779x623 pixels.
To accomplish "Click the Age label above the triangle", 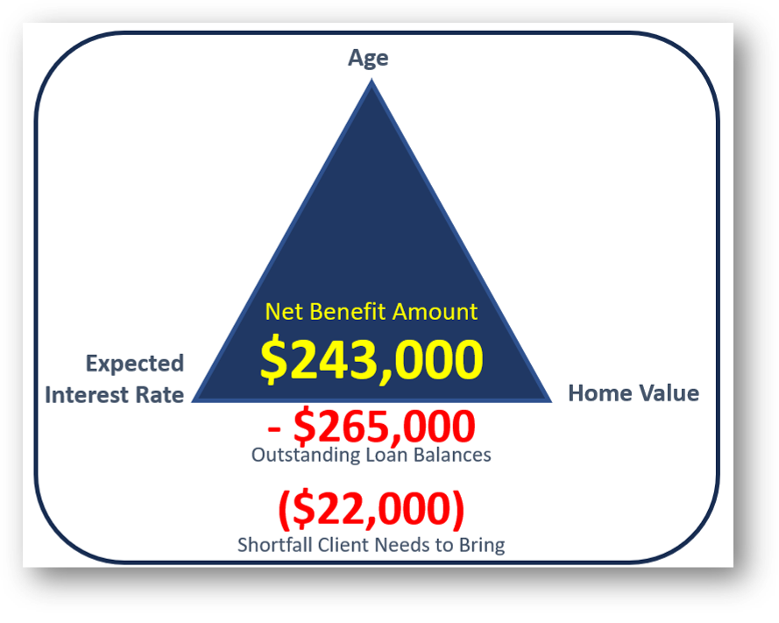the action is [x=368, y=59].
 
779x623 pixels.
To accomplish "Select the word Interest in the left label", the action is [x=87, y=395].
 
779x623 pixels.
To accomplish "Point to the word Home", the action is [x=599, y=393].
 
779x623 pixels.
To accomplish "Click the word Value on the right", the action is [x=669, y=393].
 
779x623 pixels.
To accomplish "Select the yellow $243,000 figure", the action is [x=372, y=359].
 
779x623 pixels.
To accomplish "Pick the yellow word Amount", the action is [x=435, y=312].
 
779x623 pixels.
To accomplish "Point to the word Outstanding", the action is [x=306, y=455].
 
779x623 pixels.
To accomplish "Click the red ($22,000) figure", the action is [x=372, y=509].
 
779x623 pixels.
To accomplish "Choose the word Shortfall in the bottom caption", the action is [x=275, y=545].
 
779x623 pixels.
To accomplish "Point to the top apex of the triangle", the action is [x=372, y=81].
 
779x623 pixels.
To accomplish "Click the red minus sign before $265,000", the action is [x=273, y=428].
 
